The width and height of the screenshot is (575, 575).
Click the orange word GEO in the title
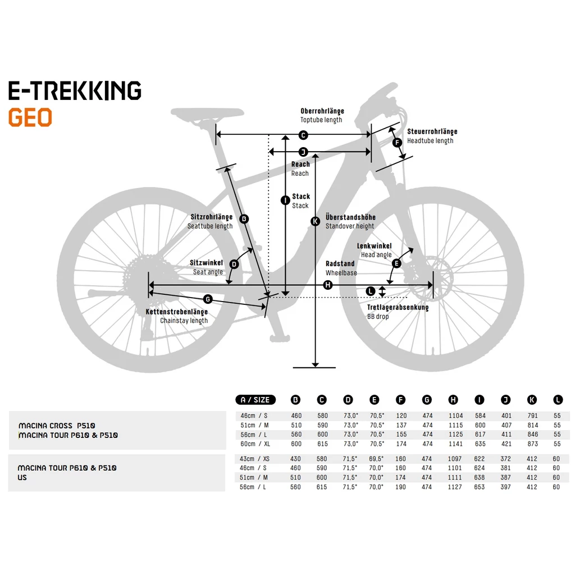click(x=30, y=117)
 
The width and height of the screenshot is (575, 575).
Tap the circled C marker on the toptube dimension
click(x=303, y=135)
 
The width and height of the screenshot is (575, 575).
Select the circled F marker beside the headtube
click(x=397, y=143)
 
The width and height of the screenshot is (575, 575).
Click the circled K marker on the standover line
click(x=315, y=221)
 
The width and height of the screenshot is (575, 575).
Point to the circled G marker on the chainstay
click(x=208, y=299)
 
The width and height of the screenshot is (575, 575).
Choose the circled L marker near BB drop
click(x=371, y=291)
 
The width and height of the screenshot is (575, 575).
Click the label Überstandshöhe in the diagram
click(x=350, y=217)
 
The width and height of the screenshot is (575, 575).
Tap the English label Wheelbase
click(x=341, y=273)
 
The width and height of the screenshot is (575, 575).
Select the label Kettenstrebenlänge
click(x=177, y=312)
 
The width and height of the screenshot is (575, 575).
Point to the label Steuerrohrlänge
click(x=432, y=131)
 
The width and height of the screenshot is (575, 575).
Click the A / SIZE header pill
click(x=255, y=400)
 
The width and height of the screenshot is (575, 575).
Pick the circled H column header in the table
click(x=453, y=400)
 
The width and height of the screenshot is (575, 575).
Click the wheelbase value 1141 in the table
click(x=455, y=444)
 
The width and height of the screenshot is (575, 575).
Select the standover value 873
click(x=532, y=444)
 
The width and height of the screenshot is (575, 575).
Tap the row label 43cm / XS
click(x=254, y=459)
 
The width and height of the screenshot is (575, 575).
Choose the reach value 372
click(x=506, y=459)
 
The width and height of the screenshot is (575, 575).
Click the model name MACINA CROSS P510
click(x=57, y=426)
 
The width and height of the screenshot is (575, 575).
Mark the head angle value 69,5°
click(x=376, y=459)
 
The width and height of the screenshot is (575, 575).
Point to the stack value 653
click(x=480, y=487)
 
